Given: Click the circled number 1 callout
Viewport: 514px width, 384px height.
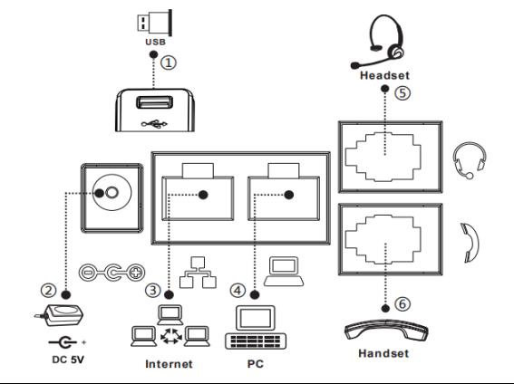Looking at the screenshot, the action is click(169, 62).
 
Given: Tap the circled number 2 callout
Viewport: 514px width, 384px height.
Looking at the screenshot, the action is click(49, 290).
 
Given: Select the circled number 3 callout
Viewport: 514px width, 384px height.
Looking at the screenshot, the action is click(153, 290).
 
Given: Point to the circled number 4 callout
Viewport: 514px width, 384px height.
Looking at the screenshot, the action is click(238, 291).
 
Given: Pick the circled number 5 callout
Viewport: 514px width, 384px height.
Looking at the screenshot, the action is click(402, 92).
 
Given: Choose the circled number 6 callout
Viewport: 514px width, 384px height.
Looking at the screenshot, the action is click(402, 304).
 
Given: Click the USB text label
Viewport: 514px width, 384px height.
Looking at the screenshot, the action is click(155, 42).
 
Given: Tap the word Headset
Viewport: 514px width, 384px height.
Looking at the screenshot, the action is click(385, 75).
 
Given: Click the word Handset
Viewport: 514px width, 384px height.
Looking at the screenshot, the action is click(383, 353).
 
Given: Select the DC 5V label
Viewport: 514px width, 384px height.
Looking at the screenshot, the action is click(68, 360).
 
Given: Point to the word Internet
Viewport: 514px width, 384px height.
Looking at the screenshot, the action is click(169, 364).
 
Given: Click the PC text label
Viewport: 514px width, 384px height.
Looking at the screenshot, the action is click(256, 364).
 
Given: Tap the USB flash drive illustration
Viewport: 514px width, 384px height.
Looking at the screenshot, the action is click(155, 23).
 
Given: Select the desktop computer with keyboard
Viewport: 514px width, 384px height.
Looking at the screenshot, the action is click(256, 327).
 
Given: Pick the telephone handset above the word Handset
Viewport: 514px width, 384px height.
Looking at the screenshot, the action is click(386, 331).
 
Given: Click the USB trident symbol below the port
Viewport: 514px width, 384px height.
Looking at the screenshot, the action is click(154, 124).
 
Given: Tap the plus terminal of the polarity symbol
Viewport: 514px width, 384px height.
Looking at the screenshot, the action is click(136, 272).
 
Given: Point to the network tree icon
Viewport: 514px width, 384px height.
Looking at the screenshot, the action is click(198, 273).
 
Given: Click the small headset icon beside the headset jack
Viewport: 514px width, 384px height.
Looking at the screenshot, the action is click(470, 160).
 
